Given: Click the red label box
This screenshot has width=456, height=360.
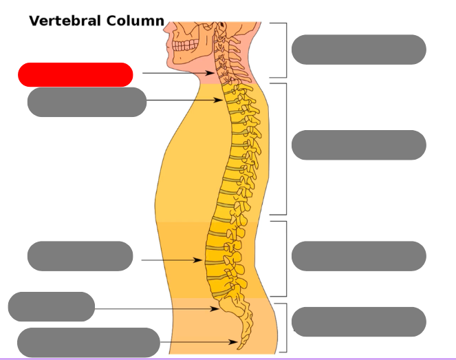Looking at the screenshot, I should [x=75, y=74].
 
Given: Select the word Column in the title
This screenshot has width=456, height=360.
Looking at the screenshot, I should [x=135, y=21].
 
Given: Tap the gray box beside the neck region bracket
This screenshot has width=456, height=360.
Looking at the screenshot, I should [x=358, y=50].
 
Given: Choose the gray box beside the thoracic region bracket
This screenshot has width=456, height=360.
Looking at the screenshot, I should [x=358, y=145].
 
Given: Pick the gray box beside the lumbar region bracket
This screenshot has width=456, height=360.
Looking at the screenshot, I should [x=358, y=256].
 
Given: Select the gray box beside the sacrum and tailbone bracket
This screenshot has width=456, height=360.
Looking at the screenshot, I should [x=358, y=321].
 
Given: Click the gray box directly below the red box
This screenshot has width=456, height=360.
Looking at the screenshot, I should [x=87, y=102].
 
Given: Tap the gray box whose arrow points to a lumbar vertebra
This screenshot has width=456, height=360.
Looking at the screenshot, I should [x=80, y=256].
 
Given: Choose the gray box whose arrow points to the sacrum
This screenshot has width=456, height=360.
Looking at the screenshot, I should [x=52, y=306].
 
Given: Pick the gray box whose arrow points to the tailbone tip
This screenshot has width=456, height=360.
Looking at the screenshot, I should [x=89, y=342].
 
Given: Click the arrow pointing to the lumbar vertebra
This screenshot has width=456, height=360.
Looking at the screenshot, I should [x=172, y=260].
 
